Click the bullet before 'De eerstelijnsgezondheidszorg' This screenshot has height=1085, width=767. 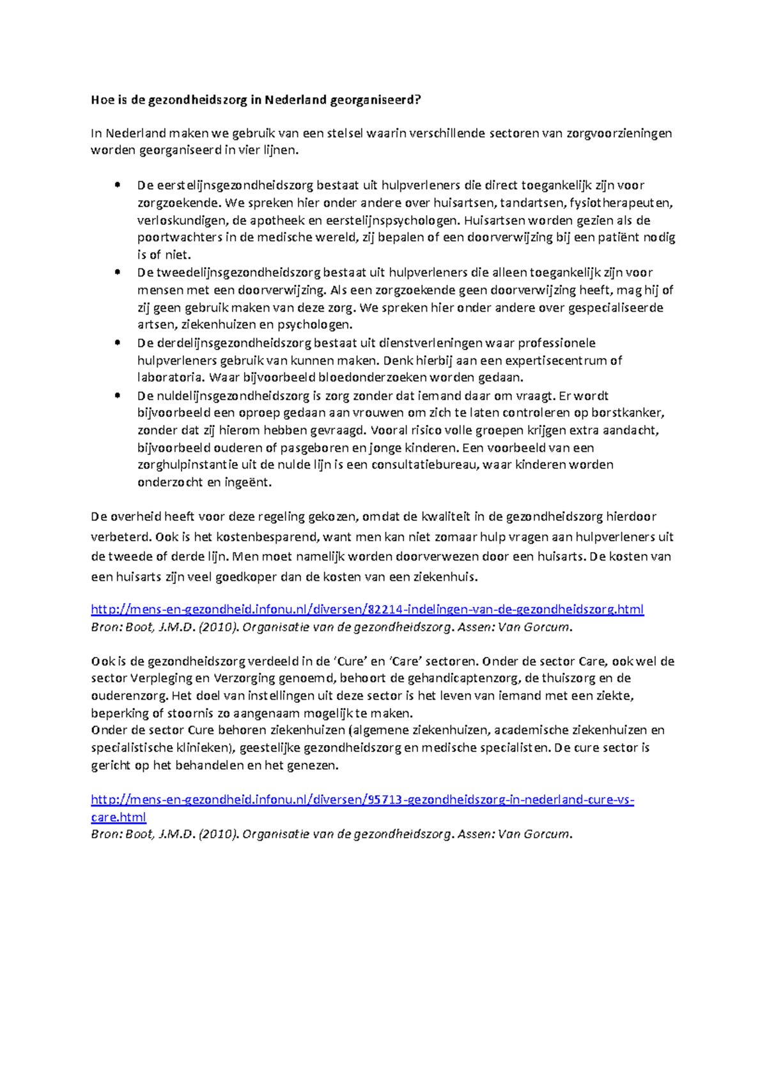click(117, 185)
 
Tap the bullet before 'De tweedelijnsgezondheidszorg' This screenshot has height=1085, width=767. click(117, 272)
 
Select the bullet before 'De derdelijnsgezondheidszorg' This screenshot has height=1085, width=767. click(117, 342)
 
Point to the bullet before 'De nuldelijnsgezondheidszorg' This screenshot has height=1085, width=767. click(117, 396)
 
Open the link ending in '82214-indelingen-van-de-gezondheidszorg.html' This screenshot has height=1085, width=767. click(367, 609)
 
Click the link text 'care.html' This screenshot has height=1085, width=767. click(118, 817)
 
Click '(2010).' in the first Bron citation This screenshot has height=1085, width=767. click(219, 627)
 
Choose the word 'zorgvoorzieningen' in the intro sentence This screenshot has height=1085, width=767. click(619, 134)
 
